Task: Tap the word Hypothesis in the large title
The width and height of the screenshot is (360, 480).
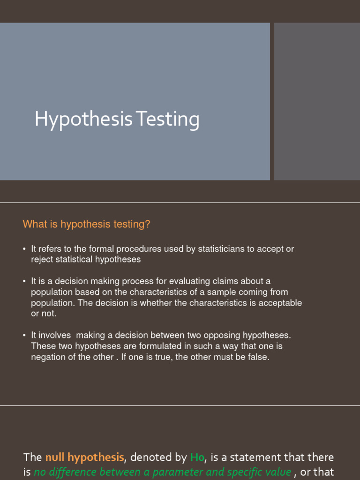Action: (x=84, y=120)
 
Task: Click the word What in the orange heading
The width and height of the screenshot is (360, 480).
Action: (x=34, y=225)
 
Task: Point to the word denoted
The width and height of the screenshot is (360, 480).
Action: (x=149, y=457)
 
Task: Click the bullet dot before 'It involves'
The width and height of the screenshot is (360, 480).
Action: (x=24, y=336)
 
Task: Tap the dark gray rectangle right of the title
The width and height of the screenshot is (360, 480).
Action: (x=316, y=101)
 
